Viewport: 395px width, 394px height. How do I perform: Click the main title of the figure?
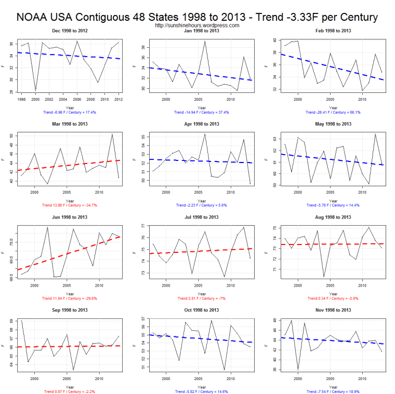pos(197,17)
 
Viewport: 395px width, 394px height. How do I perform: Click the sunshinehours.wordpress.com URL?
pos(197,25)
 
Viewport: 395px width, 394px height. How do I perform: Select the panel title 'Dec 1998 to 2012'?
pos(70,31)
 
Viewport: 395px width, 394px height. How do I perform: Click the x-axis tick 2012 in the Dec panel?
pos(118,99)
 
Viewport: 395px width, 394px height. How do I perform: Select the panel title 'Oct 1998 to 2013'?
pos(200,310)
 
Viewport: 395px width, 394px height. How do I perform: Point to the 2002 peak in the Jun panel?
pos(47,227)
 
